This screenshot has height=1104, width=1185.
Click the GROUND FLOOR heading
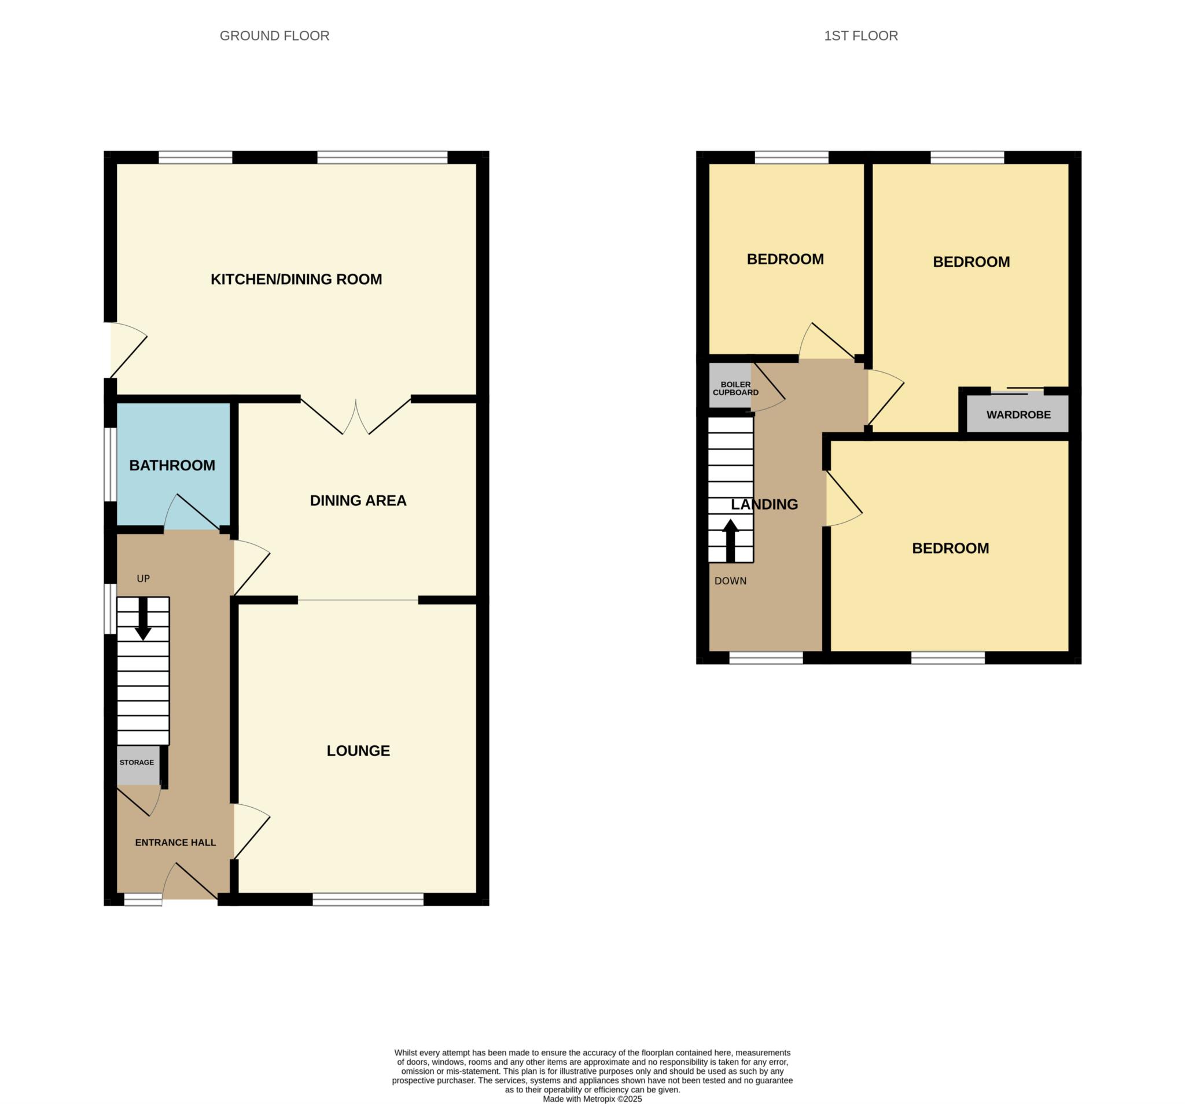[274, 36]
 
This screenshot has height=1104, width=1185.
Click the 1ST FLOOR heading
[860, 36]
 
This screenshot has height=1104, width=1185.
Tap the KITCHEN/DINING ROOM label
[296, 279]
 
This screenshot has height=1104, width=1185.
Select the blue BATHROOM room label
[172, 465]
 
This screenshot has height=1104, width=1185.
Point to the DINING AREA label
[358, 500]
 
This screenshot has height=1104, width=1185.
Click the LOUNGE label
[358, 750]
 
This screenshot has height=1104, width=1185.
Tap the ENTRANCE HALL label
[175, 842]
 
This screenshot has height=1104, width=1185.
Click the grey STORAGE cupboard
[138, 765]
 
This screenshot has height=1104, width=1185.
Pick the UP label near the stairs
[143, 578]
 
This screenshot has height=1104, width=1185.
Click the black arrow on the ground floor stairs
[143, 619]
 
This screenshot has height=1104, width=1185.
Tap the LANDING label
[764, 505]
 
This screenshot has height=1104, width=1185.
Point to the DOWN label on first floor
[730, 580]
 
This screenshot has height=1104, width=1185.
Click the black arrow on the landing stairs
[730, 540]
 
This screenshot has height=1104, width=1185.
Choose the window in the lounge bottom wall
[368, 899]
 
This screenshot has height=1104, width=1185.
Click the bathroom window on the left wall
[111, 465]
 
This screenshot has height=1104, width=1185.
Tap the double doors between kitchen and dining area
[356, 416]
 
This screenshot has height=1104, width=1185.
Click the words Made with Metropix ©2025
[592, 1099]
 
